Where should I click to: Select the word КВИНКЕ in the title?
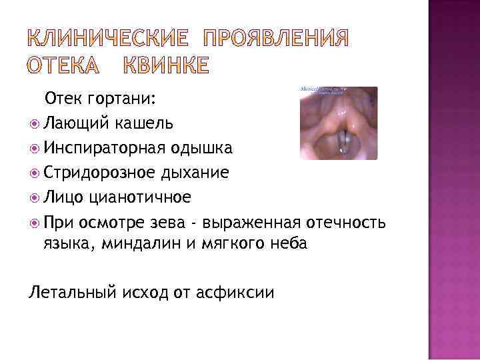click(165, 65)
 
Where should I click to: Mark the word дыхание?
click(196, 173)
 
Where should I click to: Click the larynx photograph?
click(338, 123)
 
